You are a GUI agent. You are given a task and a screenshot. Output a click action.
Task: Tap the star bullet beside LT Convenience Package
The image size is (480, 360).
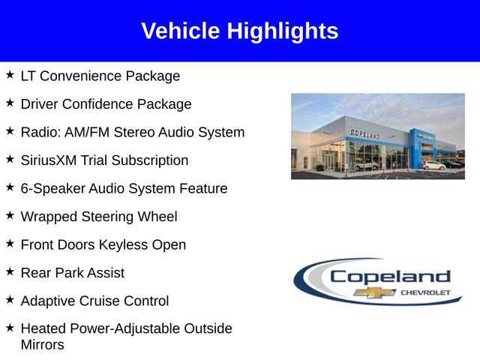click(10, 75)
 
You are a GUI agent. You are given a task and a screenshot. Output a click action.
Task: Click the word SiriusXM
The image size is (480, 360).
click(51, 160)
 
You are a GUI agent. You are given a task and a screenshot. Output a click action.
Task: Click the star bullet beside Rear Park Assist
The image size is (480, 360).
click(10, 271)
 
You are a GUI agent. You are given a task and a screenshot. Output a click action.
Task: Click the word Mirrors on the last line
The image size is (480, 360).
click(42, 345)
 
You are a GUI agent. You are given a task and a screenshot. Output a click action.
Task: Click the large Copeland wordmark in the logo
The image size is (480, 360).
click(390, 276)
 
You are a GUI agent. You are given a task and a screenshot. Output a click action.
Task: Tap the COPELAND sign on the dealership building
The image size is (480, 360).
click(364, 133)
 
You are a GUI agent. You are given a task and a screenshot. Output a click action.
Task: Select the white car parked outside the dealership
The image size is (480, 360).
click(433, 164)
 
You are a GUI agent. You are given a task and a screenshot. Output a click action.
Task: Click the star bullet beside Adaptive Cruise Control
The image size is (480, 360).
click(10, 300)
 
